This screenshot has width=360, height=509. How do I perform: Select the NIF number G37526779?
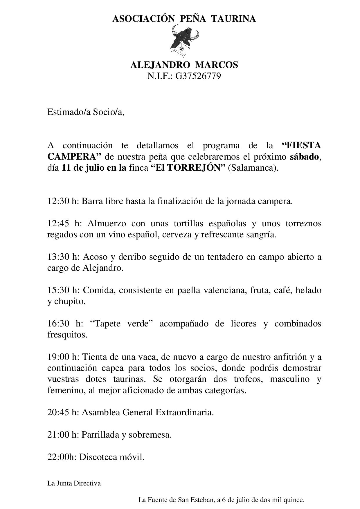point(198,76)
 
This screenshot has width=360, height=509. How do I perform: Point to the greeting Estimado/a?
point(69,112)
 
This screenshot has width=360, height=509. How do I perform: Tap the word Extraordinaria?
point(185,412)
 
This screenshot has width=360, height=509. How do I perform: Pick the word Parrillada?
point(101,435)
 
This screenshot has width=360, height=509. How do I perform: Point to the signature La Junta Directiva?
point(74,483)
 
